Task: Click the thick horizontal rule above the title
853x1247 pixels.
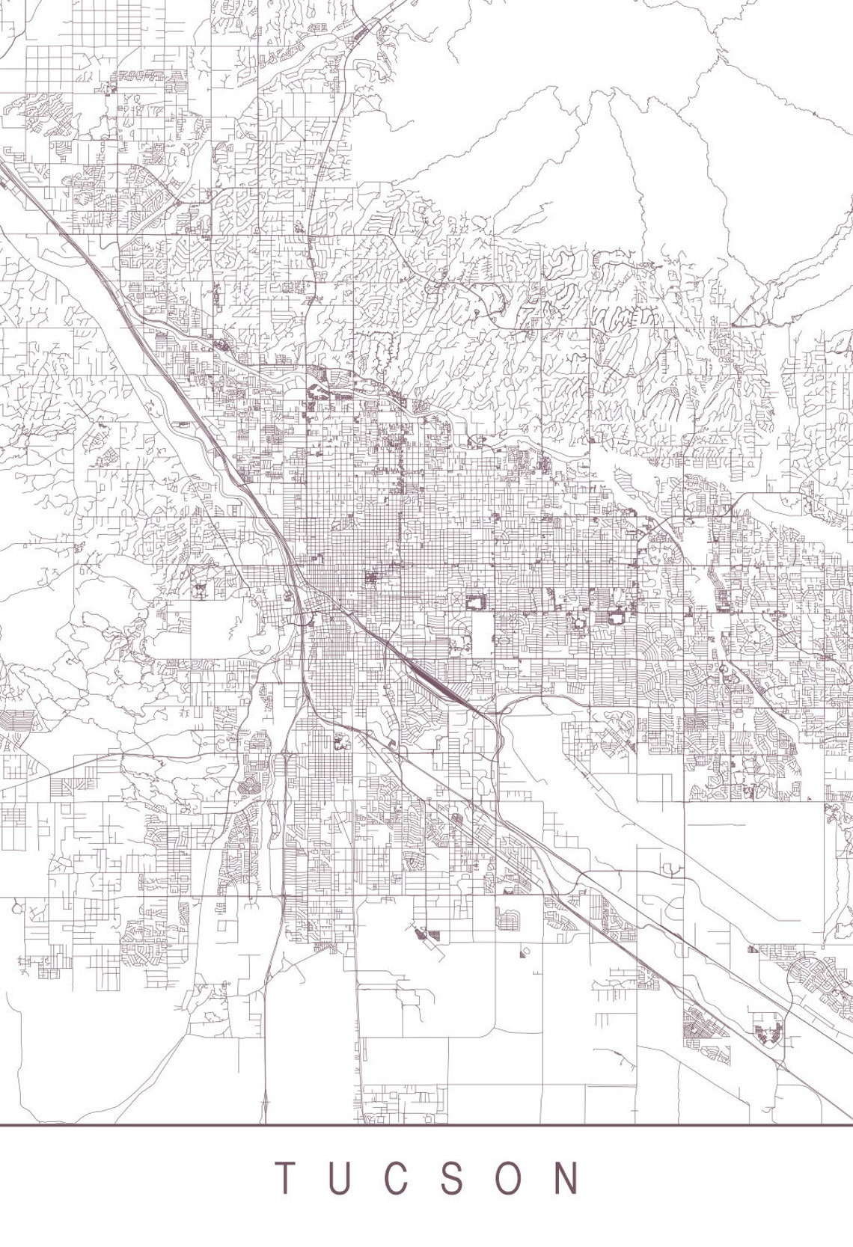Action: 426,1124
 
